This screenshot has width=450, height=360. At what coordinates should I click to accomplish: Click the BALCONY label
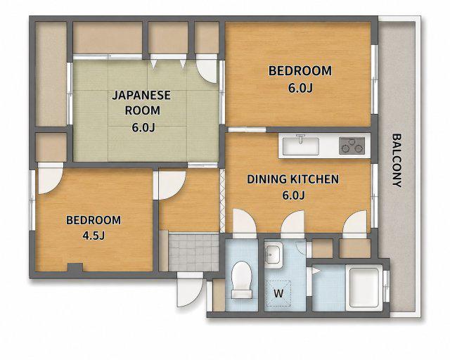[x=397, y=160]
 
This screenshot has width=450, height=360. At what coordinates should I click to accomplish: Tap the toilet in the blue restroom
[x=242, y=280]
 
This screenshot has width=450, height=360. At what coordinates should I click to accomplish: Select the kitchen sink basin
[x=300, y=146]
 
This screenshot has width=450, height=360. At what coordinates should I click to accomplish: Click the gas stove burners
[x=352, y=146]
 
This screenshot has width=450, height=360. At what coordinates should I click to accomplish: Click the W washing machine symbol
[x=278, y=293]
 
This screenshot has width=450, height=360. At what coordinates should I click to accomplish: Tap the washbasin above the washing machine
[x=274, y=253]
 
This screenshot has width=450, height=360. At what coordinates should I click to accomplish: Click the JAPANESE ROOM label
[x=142, y=103]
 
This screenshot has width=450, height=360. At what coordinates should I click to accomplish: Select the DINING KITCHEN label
[x=293, y=179]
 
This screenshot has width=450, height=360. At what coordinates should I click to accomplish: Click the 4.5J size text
[x=94, y=236]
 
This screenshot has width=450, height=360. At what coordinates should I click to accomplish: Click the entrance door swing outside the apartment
[x=190, y=290]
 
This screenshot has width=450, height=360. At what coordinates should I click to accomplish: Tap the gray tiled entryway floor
[x=194, y=252]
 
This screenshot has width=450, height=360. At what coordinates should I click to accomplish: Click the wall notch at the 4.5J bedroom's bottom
[x=75, y=268]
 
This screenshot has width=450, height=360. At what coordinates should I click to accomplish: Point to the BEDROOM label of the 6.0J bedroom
[x=300, y=71]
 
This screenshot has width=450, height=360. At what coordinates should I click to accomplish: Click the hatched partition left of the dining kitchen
[x=222, y=201]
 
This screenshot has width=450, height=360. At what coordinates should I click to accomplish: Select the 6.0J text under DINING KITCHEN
[x=293, y=195]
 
